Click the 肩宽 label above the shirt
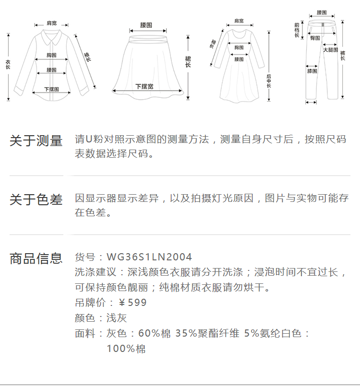pyautogui.click(x=51, y=23)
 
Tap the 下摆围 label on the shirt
pyautogui.click(x=51, y=89)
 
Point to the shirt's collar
pyautogui.click(x=51, y=35)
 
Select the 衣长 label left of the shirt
pyautogui.click(x=8, y=65)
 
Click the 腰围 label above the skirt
pyautogui.click(x=146, y=24)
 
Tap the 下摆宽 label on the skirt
pyautogui.click(x=144, y=86)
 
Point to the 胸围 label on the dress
pyautogui.click(x=239, y=47)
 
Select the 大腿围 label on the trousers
pyautogui.click(x=330, y=50)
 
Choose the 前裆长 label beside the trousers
pyautogui.click(x=297, y=30)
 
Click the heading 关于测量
pyautogui.click(x=36, y=141)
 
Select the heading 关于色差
pyautogui.click(x=36, y=199)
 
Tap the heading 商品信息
pyautogui.click(x=36, y=258)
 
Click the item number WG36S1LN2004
pyautogui.click(x=149, y=257)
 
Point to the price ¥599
pyautogui.click(x=132, y=303)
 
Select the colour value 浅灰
pyautogui.click(x=117, y=318)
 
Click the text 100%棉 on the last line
pyautogui.click(x=126, y=349)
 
